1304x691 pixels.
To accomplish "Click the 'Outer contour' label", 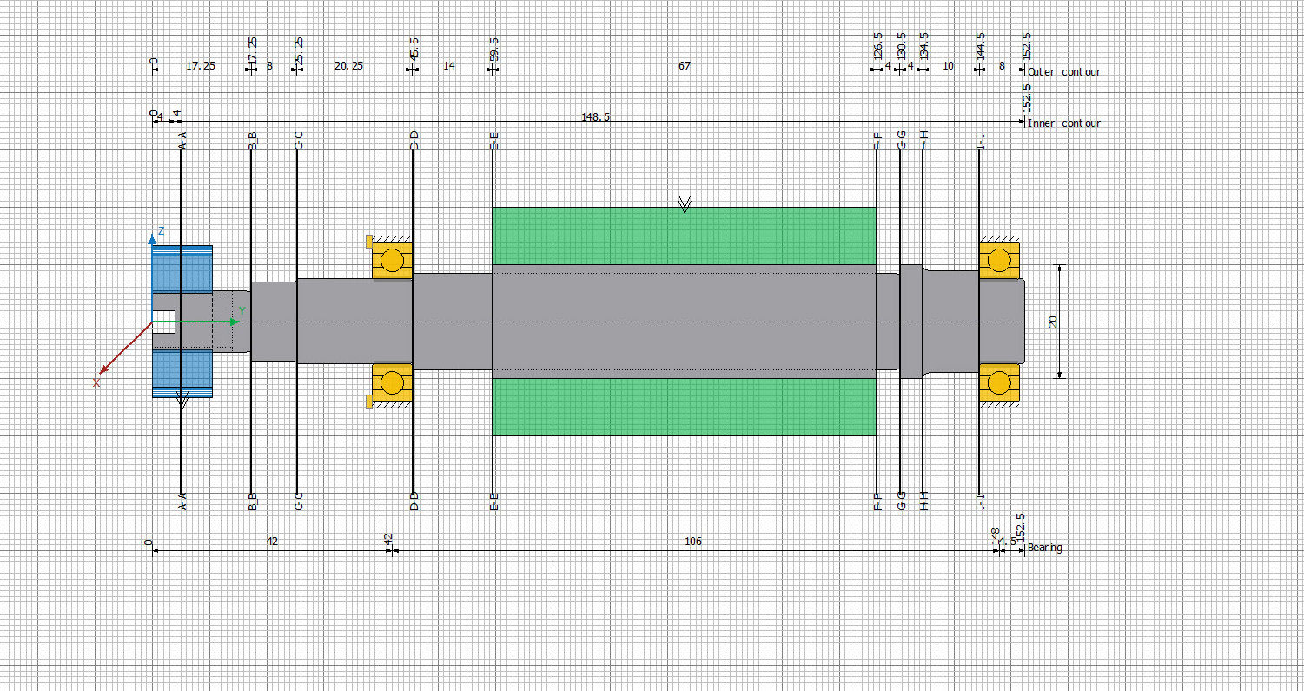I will pos(1063,72).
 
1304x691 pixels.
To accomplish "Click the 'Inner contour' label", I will pos(1063,123).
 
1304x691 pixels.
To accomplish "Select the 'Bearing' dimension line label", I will pos(1044,548).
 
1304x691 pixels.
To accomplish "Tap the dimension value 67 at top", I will pos(685,66).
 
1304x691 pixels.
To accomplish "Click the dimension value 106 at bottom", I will pos(692,542).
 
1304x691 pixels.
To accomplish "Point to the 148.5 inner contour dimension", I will pos(595,116).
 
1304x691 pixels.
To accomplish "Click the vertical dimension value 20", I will pos(1053,322).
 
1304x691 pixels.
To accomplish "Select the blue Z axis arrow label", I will pos(162,231).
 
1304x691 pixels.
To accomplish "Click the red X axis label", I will pos(96,382).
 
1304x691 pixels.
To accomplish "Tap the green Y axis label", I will pos(242,310).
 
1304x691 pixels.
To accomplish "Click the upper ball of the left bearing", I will pos(393,260).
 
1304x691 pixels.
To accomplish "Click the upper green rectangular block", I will pos(684,236).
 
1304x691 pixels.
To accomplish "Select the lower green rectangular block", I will pos(684,407).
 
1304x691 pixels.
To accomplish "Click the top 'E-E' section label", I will pos(494,141).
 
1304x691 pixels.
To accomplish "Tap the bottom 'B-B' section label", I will pos(253,502).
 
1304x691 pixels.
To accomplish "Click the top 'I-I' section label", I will pos(981,141).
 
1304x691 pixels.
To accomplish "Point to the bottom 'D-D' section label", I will pos(414,502).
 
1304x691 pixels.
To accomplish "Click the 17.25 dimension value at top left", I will pos(201,66).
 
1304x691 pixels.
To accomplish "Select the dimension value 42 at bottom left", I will pos(272,542).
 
